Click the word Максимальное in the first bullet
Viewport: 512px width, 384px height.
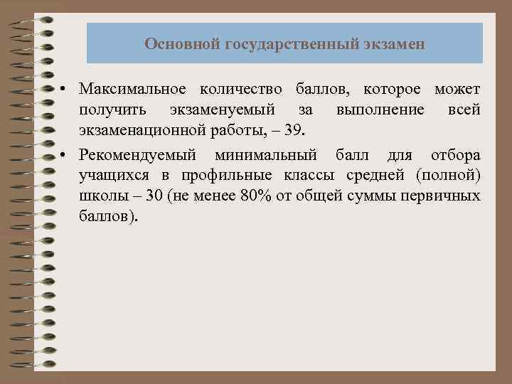[133, 90]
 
